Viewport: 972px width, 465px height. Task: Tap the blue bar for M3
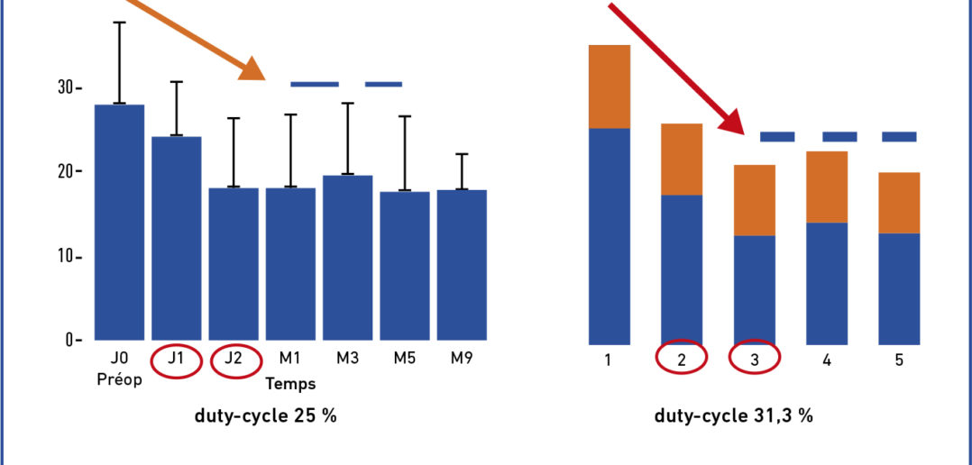click(x=348, y=257)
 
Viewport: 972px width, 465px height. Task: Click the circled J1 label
click(x=177, y=361)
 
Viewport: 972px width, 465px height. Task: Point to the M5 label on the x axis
click(x=405, y=359)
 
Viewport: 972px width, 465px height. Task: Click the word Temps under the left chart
click(x=290, y=384)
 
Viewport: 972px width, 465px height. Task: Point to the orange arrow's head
click(x=255, y=70)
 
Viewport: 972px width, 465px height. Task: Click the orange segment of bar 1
click(x=609, y=87)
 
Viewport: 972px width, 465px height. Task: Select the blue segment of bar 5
click(x=898, y=288)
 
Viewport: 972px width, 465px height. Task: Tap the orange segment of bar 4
click(x=826, y=187)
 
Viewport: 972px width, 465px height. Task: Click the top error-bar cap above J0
click(x=119, y=22)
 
